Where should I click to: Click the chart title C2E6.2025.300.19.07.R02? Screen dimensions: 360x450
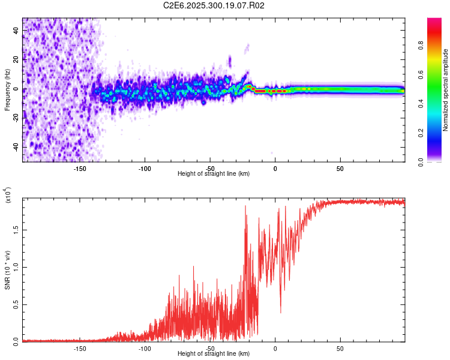click(214, 6)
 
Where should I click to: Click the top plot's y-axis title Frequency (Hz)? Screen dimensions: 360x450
click(7, 89)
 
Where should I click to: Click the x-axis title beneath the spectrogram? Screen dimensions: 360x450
click(214, 173)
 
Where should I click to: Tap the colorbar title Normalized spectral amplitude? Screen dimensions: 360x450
click(446, 91)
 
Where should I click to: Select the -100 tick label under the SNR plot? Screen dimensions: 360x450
click(144, 348)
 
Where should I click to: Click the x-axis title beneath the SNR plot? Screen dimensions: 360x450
click(214, 354)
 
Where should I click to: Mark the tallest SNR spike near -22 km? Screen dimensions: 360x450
click(245, 206)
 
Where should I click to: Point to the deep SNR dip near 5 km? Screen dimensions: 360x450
click(280, 312)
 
